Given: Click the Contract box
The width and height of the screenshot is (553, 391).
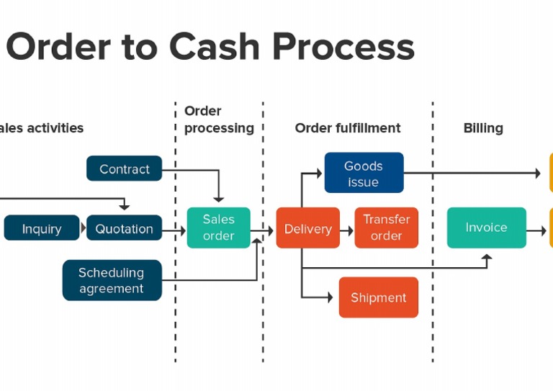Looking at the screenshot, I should click(124, 168).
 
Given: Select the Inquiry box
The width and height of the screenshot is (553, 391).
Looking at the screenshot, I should click(41, 228).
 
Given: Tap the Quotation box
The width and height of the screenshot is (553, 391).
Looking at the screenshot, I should click(124, 228).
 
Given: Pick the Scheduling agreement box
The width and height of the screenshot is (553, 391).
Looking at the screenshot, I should click(112, 280).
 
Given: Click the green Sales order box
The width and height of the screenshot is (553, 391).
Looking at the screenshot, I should click(218, 228).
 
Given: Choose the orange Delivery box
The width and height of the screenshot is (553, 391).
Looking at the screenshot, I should click(307, 228).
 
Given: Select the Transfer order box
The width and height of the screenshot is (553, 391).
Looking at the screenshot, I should click(386, 228).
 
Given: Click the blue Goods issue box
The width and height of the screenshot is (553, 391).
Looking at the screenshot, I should click(363, 174).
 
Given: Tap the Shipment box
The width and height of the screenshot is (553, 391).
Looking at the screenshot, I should click(378, 297).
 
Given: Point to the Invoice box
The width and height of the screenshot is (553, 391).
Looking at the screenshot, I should click(486, 228).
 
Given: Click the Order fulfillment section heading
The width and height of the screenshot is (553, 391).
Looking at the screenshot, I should click(347, 128).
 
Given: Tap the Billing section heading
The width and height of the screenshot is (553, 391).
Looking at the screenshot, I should click(482, 128).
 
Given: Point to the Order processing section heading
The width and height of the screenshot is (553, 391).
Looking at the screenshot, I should click(218, 120).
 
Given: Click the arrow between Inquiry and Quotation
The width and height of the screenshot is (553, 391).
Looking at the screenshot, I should click(83, 228).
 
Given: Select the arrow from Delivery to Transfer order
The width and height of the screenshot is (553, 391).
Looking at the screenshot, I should click(347, 230).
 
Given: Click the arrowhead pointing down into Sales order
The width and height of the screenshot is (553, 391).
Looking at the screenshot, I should click(218, 198).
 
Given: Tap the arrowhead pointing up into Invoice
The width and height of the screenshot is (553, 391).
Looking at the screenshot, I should click(487, 256).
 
